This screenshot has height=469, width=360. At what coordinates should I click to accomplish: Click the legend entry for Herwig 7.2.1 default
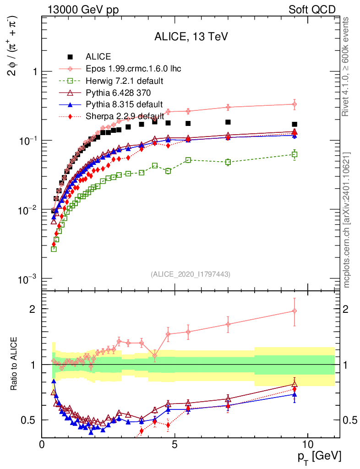(x=125, y=81)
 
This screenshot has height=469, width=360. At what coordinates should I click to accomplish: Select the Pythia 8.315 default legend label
(x=124, y=104)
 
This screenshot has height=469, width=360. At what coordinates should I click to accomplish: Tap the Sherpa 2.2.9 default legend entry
(x=125, y=116)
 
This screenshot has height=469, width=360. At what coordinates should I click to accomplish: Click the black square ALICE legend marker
(x=70, y=57)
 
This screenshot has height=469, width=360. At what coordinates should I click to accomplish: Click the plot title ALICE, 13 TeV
(x=191, y=37)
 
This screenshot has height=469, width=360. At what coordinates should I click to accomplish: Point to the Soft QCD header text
(x=312, y=10)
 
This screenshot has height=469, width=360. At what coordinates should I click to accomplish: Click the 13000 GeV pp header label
(x=83, y=10)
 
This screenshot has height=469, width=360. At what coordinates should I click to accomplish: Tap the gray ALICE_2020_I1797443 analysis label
(x=191, y=274)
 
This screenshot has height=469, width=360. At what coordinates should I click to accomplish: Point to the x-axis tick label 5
(x=175, y=443)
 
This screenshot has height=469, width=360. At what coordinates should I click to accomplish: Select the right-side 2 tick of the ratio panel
(x=346, y=309)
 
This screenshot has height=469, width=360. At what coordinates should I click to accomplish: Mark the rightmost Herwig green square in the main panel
(x=295, y=154)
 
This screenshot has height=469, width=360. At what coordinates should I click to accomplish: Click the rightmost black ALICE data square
(x=295, y=124)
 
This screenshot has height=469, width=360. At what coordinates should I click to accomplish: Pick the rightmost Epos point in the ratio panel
(x=295, y=311)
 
